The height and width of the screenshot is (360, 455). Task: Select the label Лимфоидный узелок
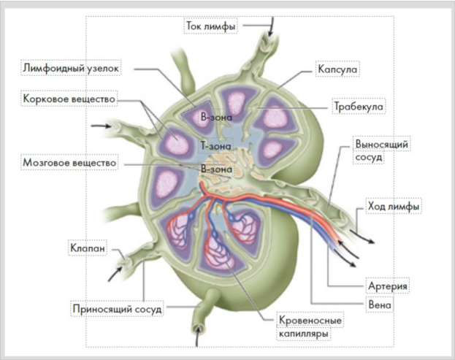coord(70,68)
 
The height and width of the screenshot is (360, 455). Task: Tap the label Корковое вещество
coord(70,97)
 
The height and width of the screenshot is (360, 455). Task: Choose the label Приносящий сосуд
coord(117,309)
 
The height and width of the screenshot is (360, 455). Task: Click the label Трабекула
coord(359,107)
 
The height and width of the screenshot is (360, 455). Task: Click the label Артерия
coord(386,285)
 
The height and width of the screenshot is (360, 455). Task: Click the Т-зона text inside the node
coord(215,145)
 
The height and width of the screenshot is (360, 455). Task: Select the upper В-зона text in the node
coord(216,116)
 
